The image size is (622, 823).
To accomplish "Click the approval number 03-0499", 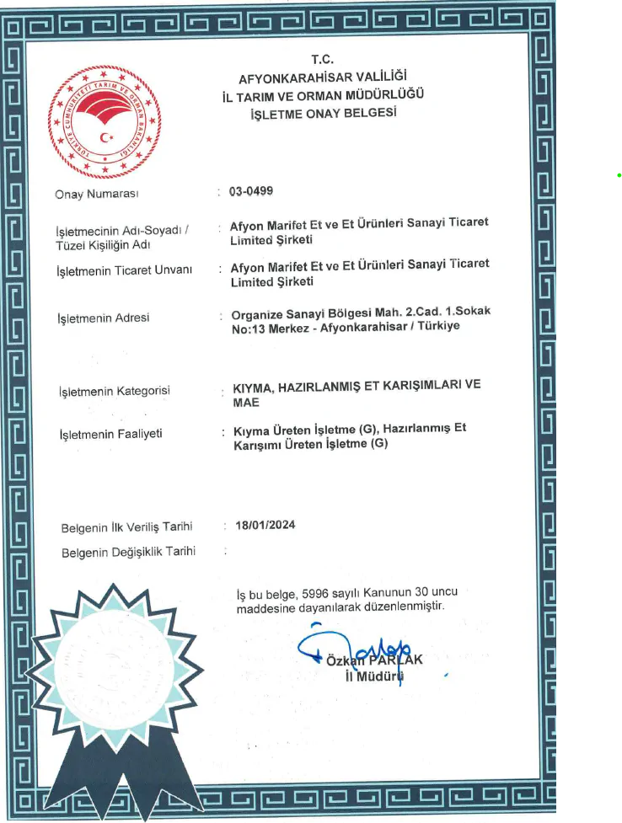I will (251, 191).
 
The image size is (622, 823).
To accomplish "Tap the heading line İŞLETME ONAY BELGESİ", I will (324, 113).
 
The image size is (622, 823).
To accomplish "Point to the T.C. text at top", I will (323, 60).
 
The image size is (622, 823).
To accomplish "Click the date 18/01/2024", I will (265, 525).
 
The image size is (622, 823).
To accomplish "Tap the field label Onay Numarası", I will (96, 195).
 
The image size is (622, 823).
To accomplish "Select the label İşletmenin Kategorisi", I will (114, 391).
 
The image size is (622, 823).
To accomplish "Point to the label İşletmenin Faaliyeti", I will (110, 434).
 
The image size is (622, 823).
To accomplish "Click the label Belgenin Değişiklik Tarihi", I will (129, 552).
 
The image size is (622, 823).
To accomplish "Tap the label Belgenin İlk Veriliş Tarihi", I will (127, 527).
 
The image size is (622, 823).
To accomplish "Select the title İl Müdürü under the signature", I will (375, 676).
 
